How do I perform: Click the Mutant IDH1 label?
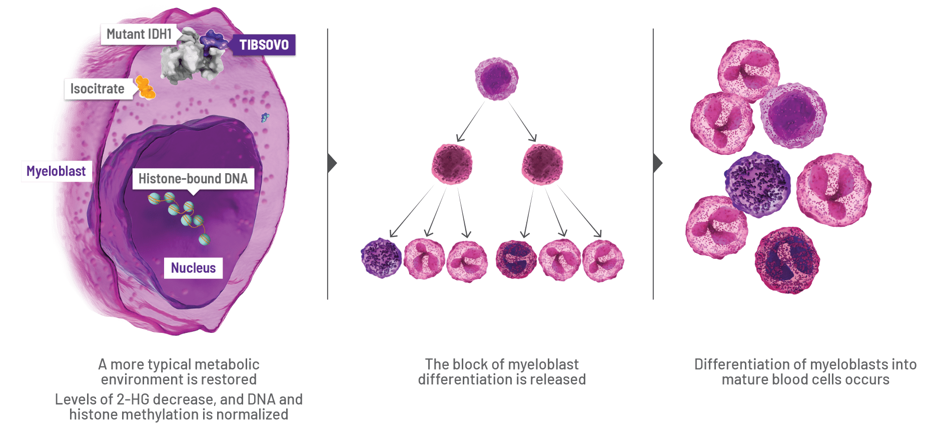(139, 34)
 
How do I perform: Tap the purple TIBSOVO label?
(264, 45)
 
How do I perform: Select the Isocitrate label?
(97, 89)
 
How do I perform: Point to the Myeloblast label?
(56, 171)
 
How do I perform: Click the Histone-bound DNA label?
(193, 179)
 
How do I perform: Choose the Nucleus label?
(193, 268)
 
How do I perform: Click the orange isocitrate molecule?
(145, 88)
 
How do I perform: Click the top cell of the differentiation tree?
(496, 79)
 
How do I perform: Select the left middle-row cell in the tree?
(452, 164)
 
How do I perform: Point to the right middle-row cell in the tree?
(542, 164)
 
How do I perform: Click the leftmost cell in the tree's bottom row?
(381, 258)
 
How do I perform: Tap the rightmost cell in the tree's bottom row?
(603, 260)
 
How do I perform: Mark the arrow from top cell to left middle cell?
(469, 122)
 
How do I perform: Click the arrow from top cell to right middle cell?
(523, 122)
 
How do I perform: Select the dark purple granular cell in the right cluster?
(757, 185)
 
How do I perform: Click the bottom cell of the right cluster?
(787, 260)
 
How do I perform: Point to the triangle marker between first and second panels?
(332, 163)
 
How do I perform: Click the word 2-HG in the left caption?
(134, 399)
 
